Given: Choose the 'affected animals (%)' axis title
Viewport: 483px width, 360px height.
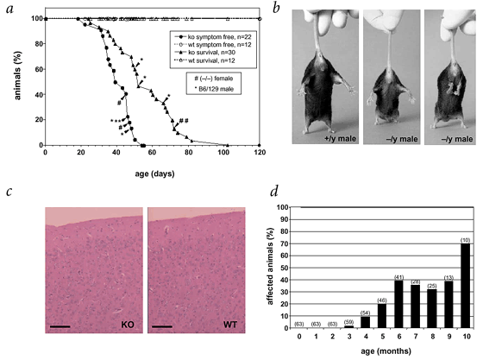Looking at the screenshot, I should (268, 266).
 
